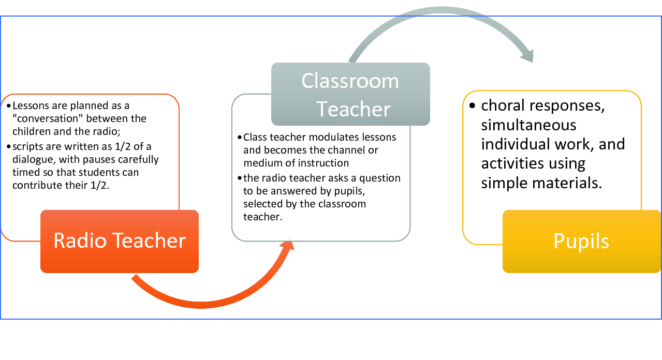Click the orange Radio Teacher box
[x=120, y=241]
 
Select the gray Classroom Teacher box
[x=350, y=94]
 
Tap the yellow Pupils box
[x=582, y=241]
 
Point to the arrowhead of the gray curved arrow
[x=527, y=55]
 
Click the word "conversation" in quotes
[x=47, y=118]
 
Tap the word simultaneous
[x=528, y=125]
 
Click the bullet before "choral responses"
[x=472, y=106]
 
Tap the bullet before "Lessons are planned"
[x=9, y=106]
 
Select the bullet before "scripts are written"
[x=9, y=146]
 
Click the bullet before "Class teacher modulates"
[x=239, y=137]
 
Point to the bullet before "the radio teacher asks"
[x=239, y=178]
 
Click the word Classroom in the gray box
[x=350, y=81]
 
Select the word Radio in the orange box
[x=80, y=241]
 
